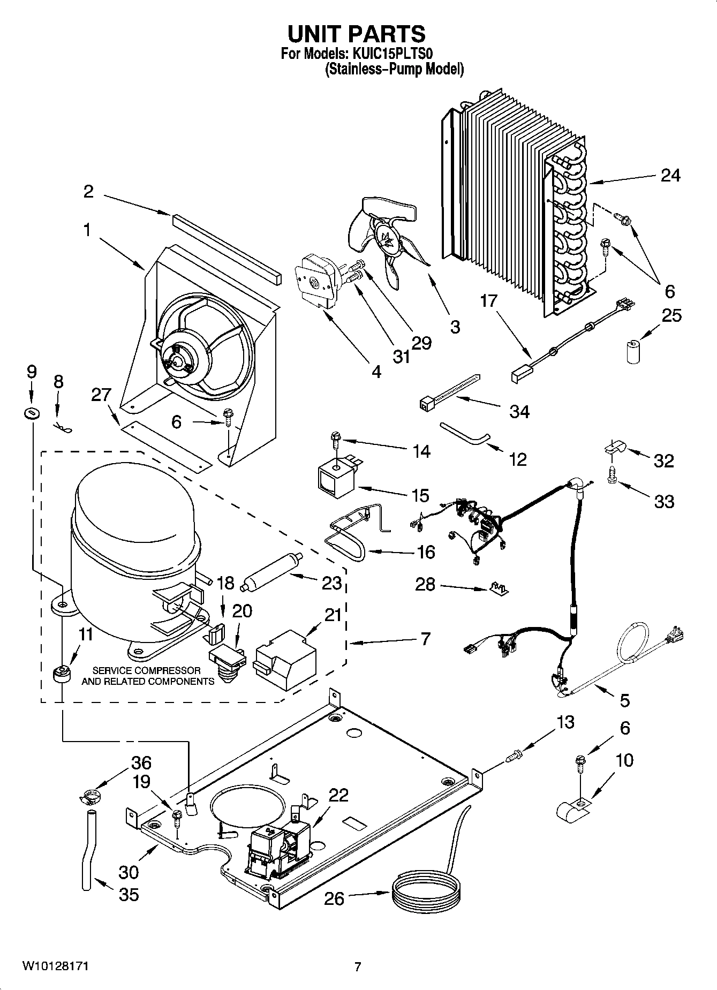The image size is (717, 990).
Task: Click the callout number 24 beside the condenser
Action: pos(670,175)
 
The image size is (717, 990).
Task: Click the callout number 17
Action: pos(488,301)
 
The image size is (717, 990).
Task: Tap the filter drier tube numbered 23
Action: pos(270,573)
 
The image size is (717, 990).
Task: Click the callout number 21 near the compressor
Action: pos(333,615)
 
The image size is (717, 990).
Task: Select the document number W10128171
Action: pos(55,966)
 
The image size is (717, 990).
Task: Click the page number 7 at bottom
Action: pos(358,966)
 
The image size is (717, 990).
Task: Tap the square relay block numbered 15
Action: pos(335,475)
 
